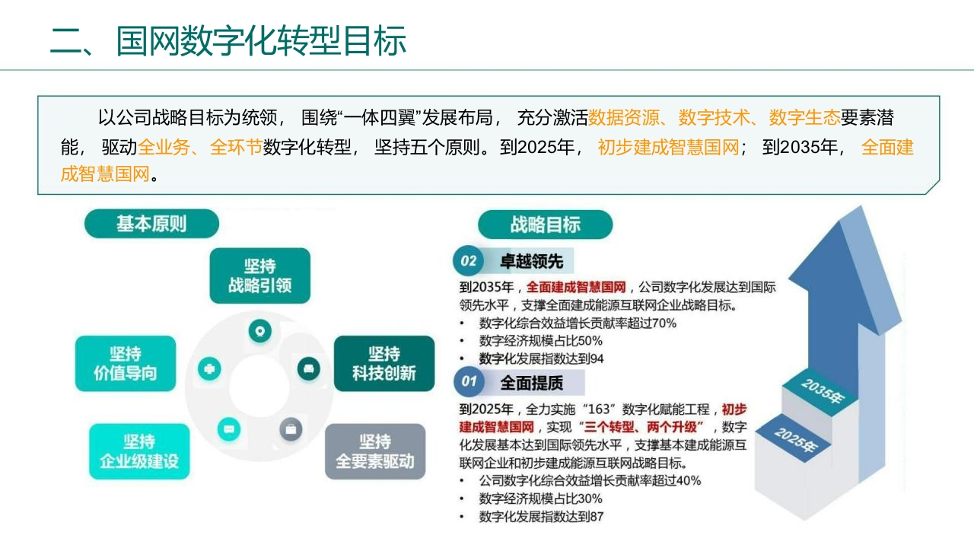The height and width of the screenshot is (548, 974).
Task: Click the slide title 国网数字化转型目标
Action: coord(261,41)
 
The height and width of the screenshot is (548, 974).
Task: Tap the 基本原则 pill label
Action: coord(151,224)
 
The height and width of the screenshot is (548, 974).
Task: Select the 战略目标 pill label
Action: coord(546,225)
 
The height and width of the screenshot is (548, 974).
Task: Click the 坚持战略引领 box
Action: coord(260,276)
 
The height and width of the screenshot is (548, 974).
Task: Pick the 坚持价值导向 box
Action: coord(126,364)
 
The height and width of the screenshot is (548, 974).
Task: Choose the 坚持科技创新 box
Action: coord(384,364)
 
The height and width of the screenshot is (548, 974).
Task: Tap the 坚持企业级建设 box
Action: coord(139,451)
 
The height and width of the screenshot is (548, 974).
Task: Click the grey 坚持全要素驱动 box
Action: coord(375,451)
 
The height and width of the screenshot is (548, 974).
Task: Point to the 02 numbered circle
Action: coord(468,261)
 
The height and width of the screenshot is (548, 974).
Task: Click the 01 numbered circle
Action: coord(469,381)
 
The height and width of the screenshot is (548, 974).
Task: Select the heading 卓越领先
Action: coord(531,261)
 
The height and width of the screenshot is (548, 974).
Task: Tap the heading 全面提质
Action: coord(531,383)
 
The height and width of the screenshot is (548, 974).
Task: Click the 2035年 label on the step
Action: coord(823,390)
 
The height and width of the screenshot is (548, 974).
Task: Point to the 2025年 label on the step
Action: coord(797,440)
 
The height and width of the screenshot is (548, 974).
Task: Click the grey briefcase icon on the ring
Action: coord(291,430)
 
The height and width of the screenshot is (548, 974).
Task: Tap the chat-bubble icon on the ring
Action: coord(229,430)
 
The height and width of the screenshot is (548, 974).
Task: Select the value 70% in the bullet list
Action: coord(664,323)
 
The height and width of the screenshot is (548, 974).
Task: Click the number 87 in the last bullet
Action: coord(597,517)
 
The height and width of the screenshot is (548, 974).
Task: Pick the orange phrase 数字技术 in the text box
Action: coord(715,117)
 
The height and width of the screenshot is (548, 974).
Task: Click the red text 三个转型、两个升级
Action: coord(640,427)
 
